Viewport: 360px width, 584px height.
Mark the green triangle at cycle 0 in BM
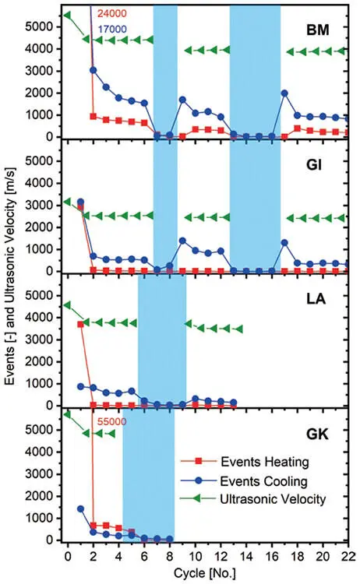(x=67, y=15)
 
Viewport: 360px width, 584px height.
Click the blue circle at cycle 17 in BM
(x=284, y=93)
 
